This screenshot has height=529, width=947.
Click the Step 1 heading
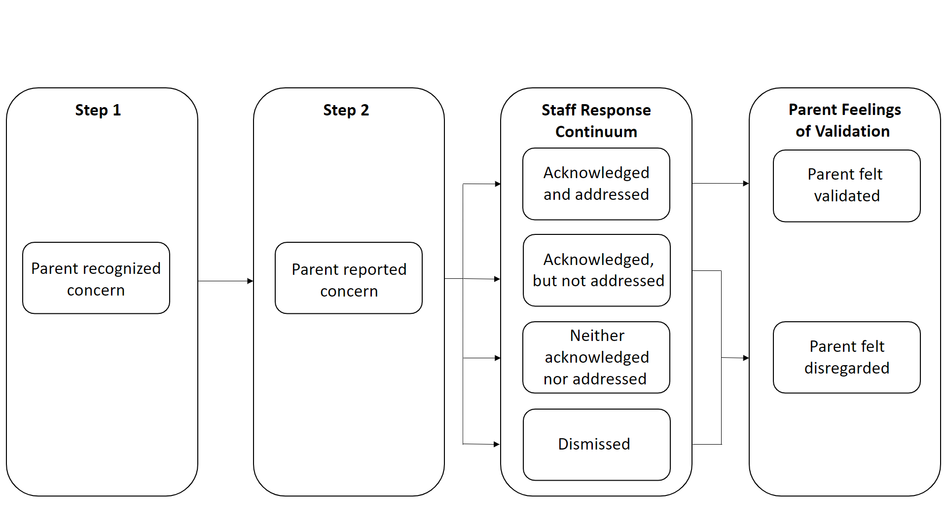tap(98, 110)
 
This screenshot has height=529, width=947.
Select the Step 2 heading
tap(346, 110)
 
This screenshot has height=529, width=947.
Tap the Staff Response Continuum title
tap(596, 121)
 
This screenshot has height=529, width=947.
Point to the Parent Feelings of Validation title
tap(844, 120)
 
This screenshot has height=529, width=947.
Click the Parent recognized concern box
tap(96, 278)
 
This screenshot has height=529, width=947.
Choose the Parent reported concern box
tap(349, 278)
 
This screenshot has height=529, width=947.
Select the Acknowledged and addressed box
tap(596, 184)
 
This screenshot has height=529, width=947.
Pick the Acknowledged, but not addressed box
tap(597, 270)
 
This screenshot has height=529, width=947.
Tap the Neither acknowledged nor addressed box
tap(596, 357)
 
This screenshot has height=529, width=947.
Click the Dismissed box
tap(597, 445)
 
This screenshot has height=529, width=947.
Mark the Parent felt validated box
tap(847, 186)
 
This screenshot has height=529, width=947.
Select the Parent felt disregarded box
tap(847, 357)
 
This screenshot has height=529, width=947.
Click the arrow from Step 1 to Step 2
tap(226, 281)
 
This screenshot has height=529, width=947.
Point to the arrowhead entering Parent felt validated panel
tap(746, 184)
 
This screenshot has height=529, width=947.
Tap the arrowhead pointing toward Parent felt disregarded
tap(746, 358)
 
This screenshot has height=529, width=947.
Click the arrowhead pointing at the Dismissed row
tap(497, 445)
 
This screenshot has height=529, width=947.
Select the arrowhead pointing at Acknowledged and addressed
tap(497, 184)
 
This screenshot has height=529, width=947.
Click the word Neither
tap(597, 336)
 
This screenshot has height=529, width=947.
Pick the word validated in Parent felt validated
tap(847, 196)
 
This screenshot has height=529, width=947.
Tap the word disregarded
tap(847, 368)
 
